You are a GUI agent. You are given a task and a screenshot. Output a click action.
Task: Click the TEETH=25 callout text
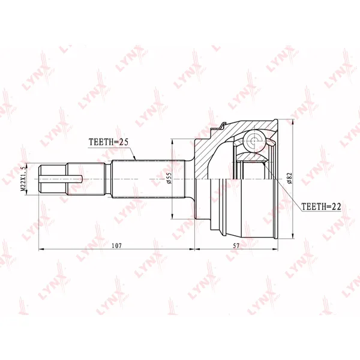[x=109, y=142]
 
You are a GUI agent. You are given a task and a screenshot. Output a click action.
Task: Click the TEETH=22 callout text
[x=321, y=206]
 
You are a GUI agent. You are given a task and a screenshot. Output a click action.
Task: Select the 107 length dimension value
[x=116, y=245]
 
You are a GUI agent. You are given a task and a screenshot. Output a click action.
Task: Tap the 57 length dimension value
[x=236, y=245]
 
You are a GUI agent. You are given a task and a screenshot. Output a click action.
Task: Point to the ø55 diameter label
[x=169, y=178]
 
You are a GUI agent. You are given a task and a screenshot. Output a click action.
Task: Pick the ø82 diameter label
[x=289, y=178]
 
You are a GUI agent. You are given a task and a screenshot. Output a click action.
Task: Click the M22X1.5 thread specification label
[x=23, y=179]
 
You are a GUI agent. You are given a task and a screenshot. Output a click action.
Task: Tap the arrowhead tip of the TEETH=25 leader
[x=136, y=160]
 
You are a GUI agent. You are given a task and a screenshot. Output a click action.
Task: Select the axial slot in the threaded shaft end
[x=61, y=179]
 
